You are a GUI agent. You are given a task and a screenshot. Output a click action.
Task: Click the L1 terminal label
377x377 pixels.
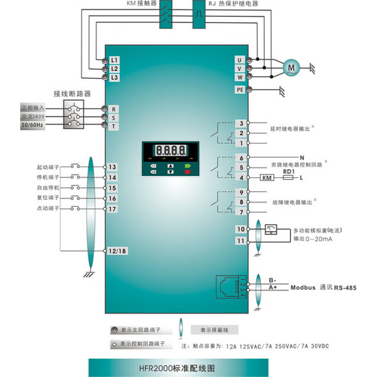click(x=115, y=60)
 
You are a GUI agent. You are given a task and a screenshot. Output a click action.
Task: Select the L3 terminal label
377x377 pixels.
click(x=115, y=77)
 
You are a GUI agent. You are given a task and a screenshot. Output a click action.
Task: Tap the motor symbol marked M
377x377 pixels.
click(x=291, y=68)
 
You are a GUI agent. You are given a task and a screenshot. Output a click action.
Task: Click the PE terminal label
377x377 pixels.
click(x=240, y=90)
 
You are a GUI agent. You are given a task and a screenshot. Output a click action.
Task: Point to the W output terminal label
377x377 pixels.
click(x=240, y=77)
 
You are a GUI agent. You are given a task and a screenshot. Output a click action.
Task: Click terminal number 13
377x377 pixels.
click(x=113, y=167)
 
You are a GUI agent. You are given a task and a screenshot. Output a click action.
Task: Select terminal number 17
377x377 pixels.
click(x=113, y=209)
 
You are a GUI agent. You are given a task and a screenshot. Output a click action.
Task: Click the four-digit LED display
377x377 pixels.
click(x=171, y=151)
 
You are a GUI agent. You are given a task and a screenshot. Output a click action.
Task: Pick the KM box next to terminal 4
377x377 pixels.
click(x=267, y=178)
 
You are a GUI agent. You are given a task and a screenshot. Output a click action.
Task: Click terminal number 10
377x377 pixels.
click(x=241, y=229)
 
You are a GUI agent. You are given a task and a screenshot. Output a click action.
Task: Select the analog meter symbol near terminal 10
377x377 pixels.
click(x=271, y=229)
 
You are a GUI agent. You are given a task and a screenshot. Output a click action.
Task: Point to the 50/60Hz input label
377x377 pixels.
click(x=33, y=125)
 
